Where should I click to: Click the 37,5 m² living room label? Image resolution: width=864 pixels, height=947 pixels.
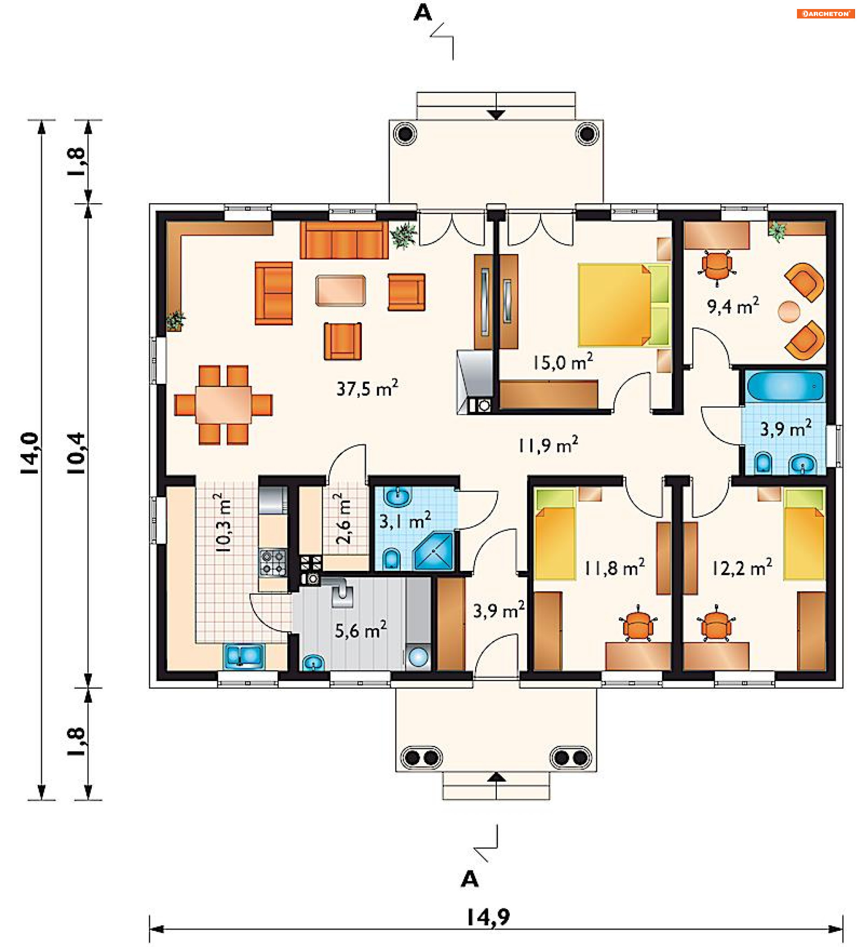click(x=367, y=388)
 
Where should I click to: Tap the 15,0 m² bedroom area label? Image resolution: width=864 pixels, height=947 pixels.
click(x=562, y=362)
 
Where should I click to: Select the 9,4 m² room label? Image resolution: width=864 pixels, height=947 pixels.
click(x=733, y=306)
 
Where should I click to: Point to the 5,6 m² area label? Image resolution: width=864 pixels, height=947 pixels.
click(x=360, y=630)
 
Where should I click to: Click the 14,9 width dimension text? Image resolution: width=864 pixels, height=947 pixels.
click(x=489, y=917)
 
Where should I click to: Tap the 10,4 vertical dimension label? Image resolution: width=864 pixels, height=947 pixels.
click(x=76, y=453)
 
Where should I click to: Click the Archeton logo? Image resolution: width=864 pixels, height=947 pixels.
click(x=825, y=14)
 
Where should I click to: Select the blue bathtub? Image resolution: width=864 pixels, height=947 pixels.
click(x=785, y=386)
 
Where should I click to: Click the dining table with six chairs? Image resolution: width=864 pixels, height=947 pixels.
click(x=223, y=405)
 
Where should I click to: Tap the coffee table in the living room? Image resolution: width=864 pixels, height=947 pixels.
click(x=341, y=290)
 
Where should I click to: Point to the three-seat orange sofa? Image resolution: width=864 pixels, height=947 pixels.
click(x=344, y=240)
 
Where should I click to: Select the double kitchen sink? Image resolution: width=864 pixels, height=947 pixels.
click(x=244, y=656)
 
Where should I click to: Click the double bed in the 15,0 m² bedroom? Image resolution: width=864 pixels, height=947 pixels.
click(x=624, y=305)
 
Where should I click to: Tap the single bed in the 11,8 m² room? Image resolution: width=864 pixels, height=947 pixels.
click(x=555, y=534)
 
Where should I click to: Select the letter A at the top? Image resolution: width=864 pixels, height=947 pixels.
click(x=423, y=13)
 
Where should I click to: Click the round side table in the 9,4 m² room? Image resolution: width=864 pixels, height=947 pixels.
click(x=788, y=311)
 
